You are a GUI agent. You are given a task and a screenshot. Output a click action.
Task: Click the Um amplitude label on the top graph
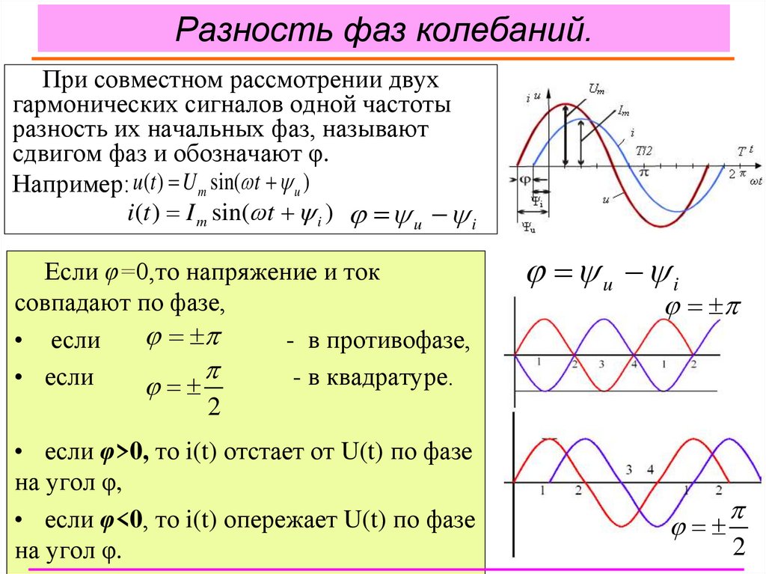coord(596,89)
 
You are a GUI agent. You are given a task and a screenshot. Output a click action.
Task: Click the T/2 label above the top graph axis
coord(643,150)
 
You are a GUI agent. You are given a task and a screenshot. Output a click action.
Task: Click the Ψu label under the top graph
coord(528,228)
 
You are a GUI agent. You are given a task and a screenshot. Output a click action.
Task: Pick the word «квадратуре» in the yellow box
coord(405,378)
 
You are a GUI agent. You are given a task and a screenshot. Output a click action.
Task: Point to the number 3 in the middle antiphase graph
coord(601,364)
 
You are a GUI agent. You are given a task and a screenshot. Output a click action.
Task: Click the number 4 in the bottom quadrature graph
coord(650,470)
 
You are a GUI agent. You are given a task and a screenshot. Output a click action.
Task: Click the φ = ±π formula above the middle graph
coord(701,308)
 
